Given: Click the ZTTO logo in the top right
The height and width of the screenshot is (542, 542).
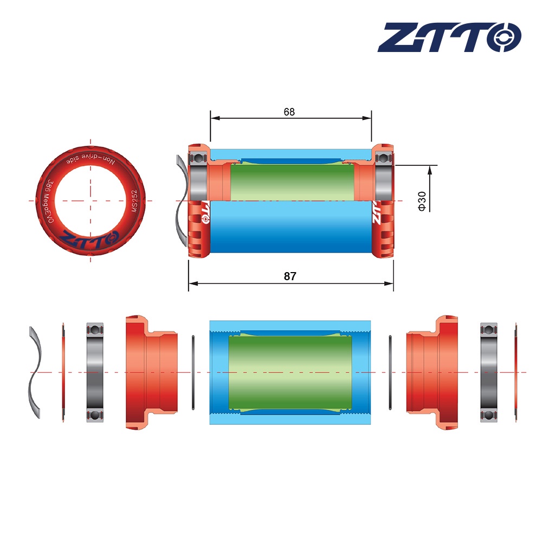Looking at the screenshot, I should click(449, 37).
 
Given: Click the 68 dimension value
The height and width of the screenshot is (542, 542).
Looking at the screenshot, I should click(289, 112).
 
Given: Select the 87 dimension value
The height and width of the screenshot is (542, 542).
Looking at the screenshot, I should click(290, 276).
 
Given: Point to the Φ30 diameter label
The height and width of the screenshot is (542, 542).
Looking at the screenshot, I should click(423, 201).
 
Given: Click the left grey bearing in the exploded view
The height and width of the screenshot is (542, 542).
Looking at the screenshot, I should click(95, 372).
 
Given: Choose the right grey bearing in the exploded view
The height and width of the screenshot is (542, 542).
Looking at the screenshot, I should click(489, 372).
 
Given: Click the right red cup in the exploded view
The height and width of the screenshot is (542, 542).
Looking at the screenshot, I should click(432, 372).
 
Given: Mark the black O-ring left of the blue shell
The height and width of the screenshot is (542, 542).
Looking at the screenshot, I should click(193, 372).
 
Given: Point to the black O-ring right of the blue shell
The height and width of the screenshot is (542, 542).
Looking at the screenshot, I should click(390, 372).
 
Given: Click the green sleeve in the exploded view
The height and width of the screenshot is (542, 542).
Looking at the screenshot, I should click(291, 372).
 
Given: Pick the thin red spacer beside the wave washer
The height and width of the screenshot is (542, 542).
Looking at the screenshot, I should click(63, 372).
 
